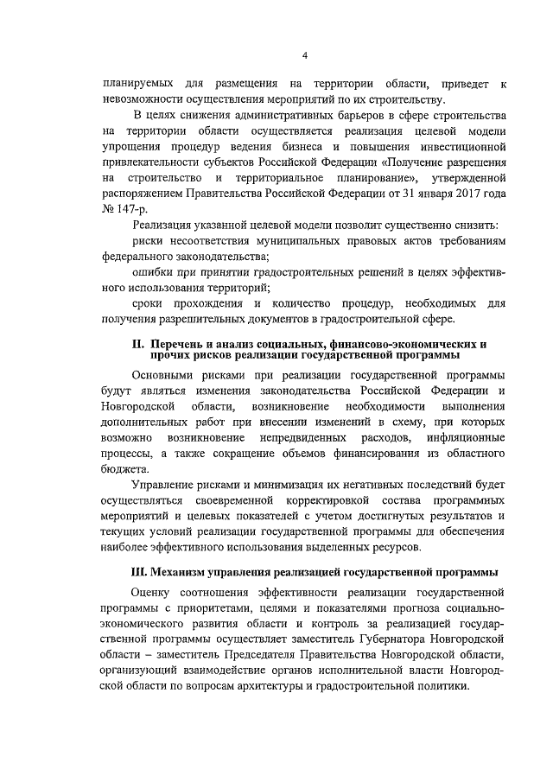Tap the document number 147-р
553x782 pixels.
(132, 210)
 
